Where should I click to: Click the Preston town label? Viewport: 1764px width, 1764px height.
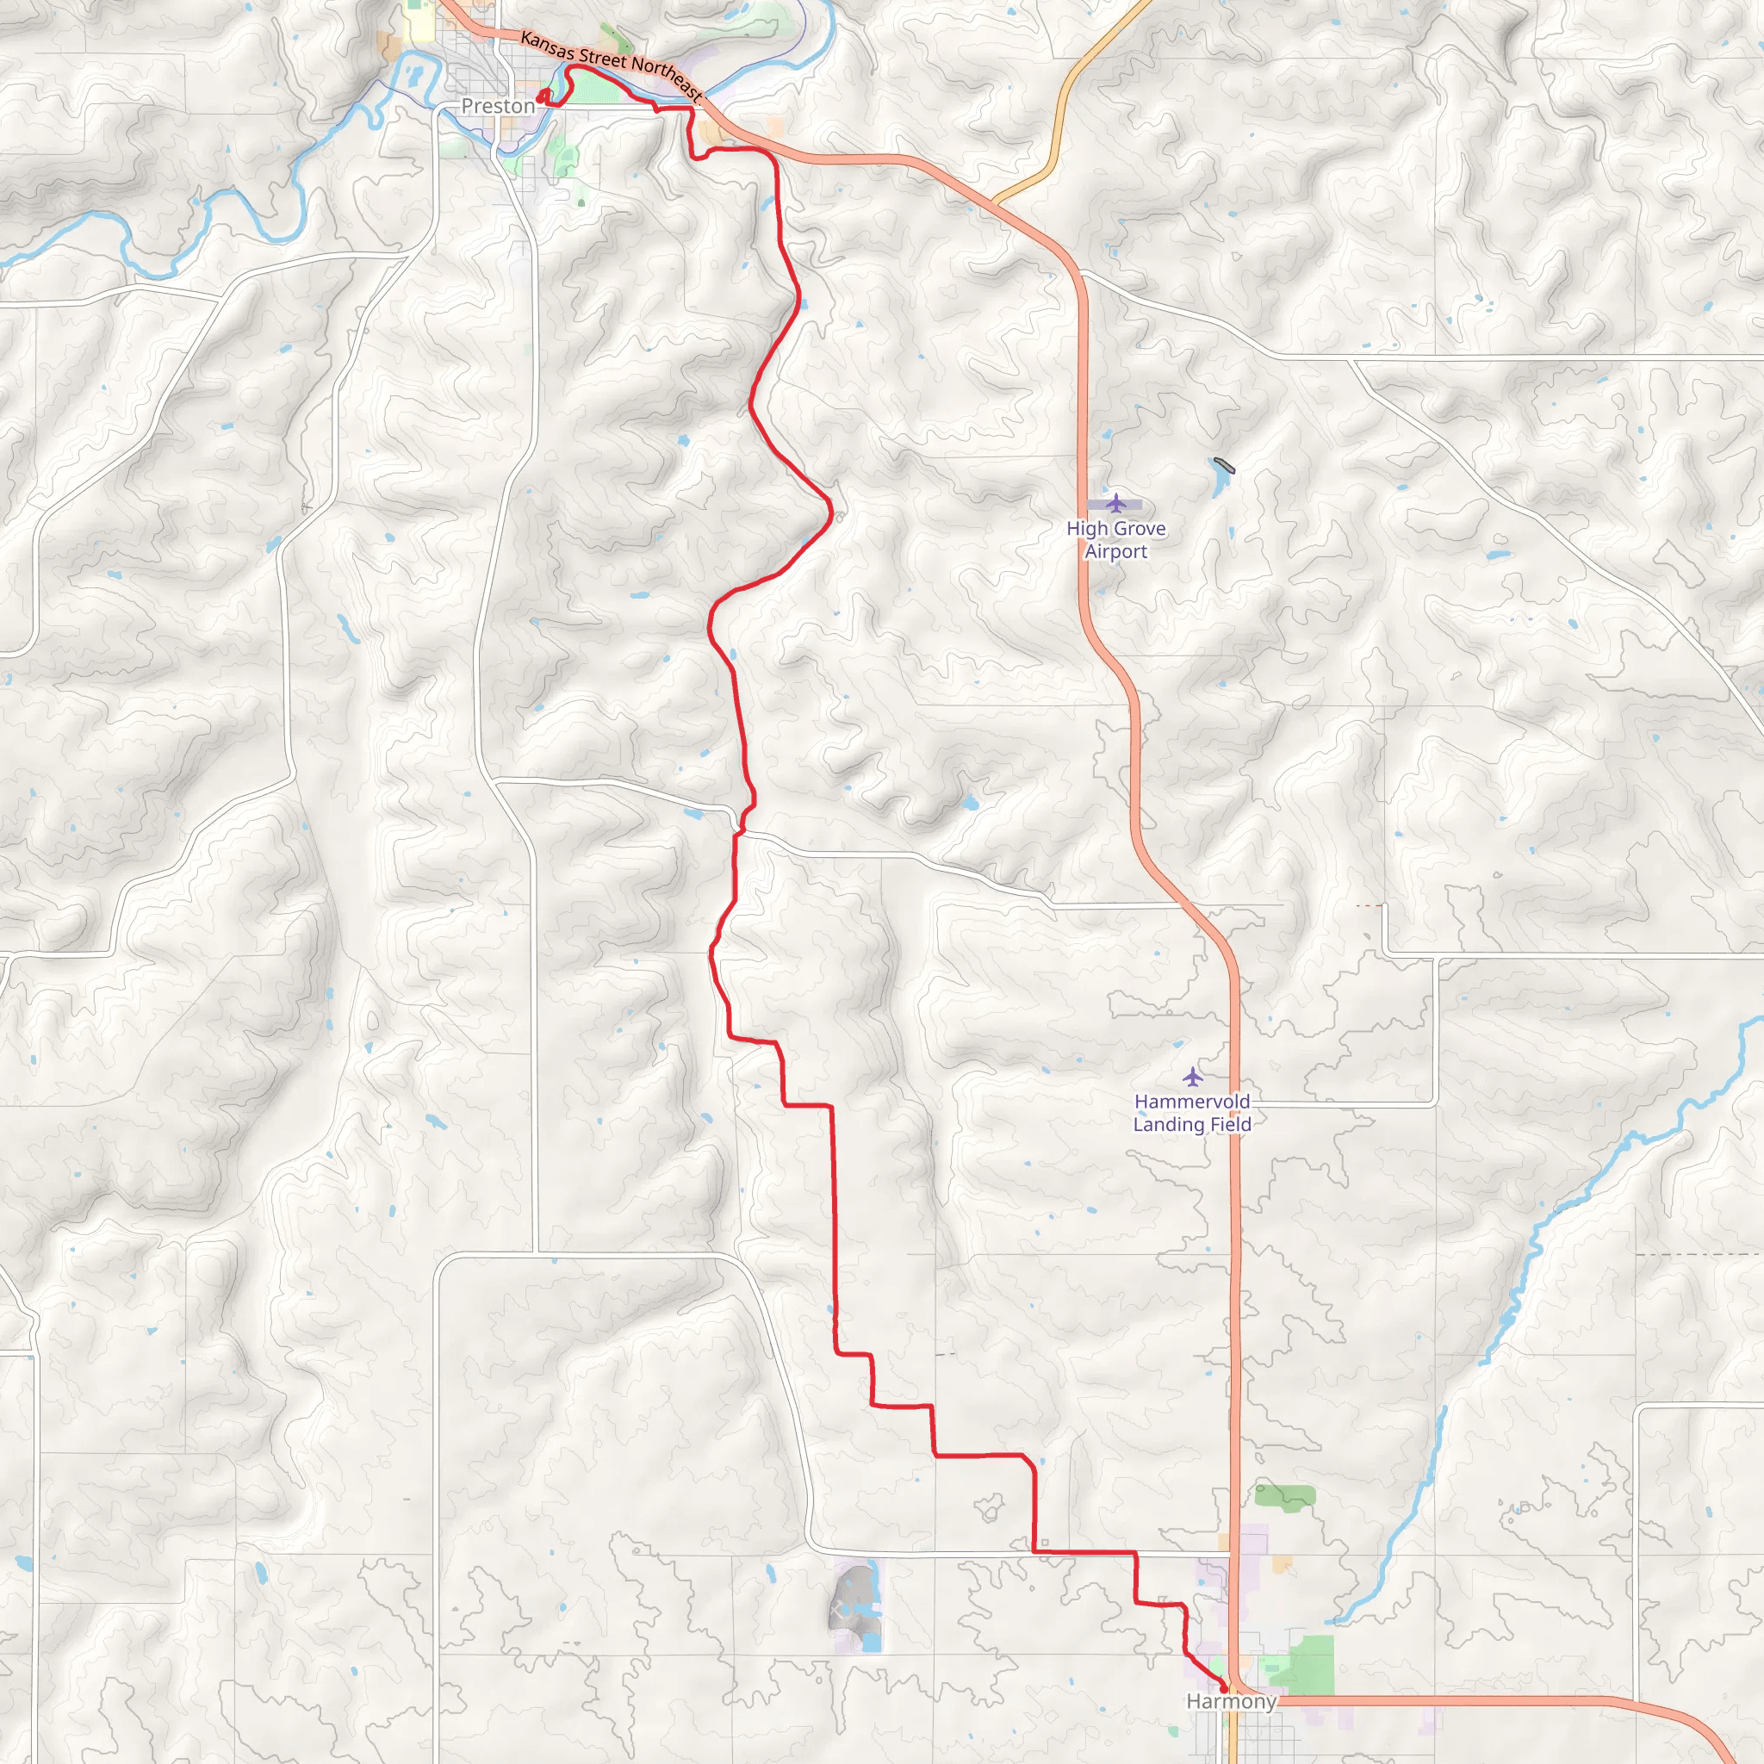[x=498, y=106]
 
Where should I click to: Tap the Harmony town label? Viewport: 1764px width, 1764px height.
[x=1231, y=1701]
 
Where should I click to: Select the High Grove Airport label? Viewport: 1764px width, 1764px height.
[x=1115, y=539]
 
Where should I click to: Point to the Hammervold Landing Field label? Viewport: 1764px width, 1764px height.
[x=1191, y=1113]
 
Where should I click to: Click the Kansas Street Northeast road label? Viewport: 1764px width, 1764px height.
[x=611, y=65]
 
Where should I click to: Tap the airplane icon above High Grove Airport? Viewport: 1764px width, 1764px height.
[x=1115, y=503]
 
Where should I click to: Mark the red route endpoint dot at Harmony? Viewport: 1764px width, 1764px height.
[x=1223, y=1689]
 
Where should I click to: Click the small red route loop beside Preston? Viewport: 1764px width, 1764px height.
[x=543, y=96]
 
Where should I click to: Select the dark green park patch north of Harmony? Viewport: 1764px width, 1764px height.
[x=1284, y=1495]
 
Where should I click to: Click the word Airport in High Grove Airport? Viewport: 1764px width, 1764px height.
[x=1115, y=551]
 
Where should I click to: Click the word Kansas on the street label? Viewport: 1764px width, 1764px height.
[x=546, y=46]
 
